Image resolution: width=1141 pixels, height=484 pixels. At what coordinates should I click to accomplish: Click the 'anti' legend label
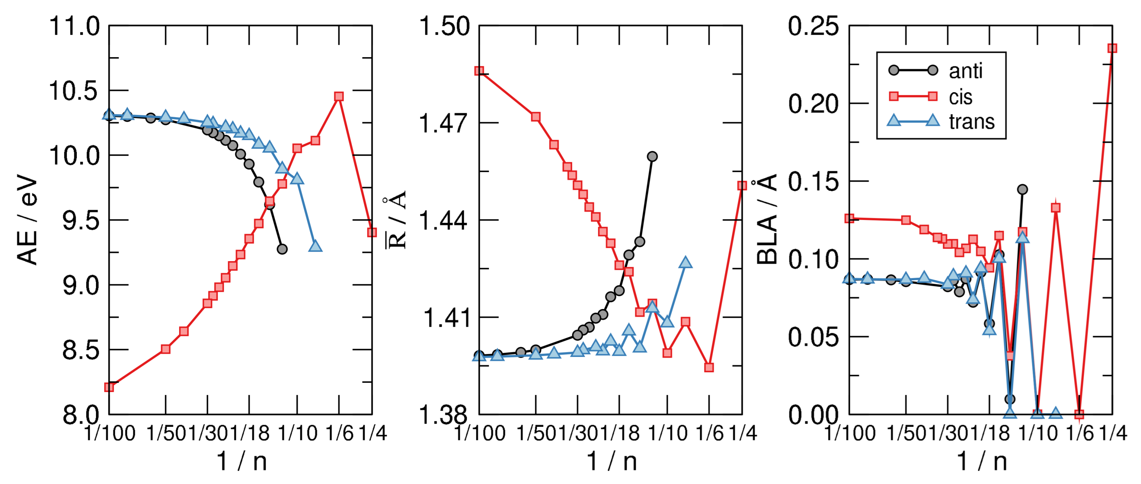(x=965, y=71)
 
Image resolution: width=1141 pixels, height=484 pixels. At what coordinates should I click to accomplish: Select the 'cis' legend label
(x=960, y=97)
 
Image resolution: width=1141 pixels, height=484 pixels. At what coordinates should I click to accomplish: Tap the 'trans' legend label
(x=972, y=121)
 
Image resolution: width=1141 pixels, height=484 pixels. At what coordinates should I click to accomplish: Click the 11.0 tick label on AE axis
(x=74, y=26)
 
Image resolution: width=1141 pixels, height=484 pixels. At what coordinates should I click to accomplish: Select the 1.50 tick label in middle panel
(x=444, y=26)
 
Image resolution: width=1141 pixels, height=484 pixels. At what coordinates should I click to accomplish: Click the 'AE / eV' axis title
(x=27, y=220)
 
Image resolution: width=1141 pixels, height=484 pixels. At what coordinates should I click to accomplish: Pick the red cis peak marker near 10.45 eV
(x=339, y=97)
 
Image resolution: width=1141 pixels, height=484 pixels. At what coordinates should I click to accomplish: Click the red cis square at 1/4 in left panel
(x=372, y=232)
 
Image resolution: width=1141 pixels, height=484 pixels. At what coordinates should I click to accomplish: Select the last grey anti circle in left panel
(x=282, y=249)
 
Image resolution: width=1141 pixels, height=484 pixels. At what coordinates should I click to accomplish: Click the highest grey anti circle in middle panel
(x=652, y=156)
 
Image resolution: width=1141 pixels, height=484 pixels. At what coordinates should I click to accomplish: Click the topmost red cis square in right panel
(x=1112, y=48)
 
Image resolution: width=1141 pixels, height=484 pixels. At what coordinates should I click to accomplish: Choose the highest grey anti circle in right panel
(x=1022, y=189)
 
